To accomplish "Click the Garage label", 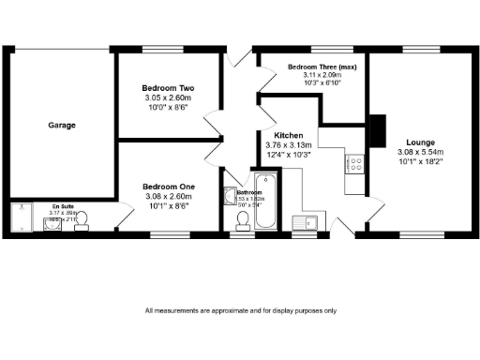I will pos(62,125).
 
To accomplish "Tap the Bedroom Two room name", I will pos(168,88).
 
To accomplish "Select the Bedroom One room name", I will pos(168,187).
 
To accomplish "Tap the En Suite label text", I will pos(62,205).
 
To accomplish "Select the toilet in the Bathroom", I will pos(244,219).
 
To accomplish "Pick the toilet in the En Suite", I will pos(82,219).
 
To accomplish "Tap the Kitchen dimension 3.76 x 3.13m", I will pos(291,145).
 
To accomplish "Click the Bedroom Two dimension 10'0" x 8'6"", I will pos(168,107).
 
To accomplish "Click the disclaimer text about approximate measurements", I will pos(240,310).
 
